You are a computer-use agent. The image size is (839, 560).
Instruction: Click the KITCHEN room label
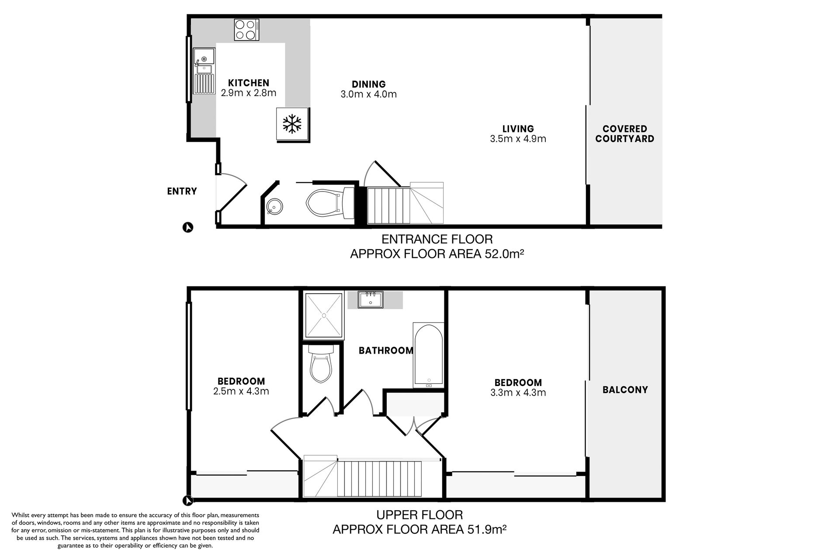(x=249, y=83)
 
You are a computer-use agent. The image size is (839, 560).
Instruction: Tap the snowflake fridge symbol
(x=292, y=124)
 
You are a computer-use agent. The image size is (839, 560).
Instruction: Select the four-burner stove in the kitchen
(x=246, y=30)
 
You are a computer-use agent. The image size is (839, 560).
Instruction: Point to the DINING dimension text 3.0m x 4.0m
(x=369, y=94)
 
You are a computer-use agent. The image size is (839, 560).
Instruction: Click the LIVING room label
(x=518, y=129)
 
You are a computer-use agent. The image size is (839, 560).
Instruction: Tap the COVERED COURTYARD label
(x=625, y=134)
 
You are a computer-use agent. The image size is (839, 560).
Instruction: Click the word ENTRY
(x=182, y=191)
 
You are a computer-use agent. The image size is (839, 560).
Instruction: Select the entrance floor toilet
(x=330, y=203)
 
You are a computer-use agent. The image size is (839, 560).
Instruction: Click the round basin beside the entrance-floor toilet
(x=274, y=205)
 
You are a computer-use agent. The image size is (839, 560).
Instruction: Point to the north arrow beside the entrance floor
(x=188, y=227)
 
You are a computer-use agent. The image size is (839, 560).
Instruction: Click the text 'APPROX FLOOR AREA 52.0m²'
(x=437, y=254)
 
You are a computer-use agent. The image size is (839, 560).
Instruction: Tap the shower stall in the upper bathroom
(x=324, y=316)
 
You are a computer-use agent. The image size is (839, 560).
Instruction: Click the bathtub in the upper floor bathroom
(x=429, y=355)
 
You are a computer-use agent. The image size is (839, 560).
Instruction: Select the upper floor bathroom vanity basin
(x=371, y=300)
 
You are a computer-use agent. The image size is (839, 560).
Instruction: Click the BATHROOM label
(x=386, y=350)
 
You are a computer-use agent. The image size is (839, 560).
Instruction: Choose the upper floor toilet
(x=321, y=363)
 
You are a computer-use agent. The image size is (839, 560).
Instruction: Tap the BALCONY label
(x=625, y=390)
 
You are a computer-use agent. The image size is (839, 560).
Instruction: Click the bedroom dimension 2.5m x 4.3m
(x=241, y=391)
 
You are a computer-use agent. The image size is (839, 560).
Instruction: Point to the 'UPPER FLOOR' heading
(x=419, y=515)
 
